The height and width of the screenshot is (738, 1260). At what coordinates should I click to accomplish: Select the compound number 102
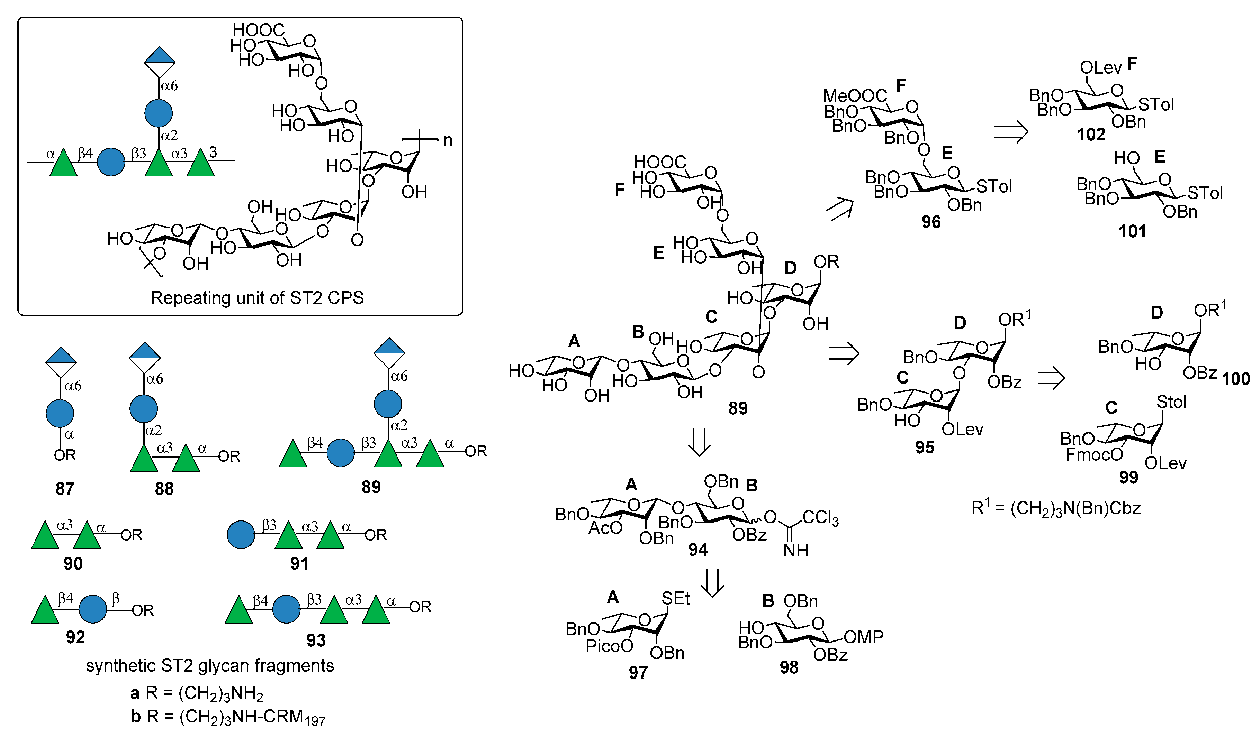coord(1090,135)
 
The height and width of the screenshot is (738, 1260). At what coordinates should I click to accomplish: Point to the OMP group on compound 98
coord(864,637)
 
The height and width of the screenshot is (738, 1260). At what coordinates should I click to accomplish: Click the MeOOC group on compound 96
coord(855,95)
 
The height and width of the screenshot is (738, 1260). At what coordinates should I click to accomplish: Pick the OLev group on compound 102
coord(1100,67)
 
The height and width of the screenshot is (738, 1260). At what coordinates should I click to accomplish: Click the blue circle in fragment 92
coord(93,609)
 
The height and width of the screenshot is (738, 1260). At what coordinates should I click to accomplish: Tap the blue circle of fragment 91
coord(241,535)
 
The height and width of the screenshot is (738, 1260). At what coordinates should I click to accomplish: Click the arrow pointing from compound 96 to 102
coord(1010,133)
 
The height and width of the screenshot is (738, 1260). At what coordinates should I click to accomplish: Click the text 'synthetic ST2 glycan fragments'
coord(210,666)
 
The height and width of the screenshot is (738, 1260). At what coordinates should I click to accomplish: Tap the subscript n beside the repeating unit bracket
coord(448,140)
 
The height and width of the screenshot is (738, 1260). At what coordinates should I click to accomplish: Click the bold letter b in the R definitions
coord(135,717)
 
